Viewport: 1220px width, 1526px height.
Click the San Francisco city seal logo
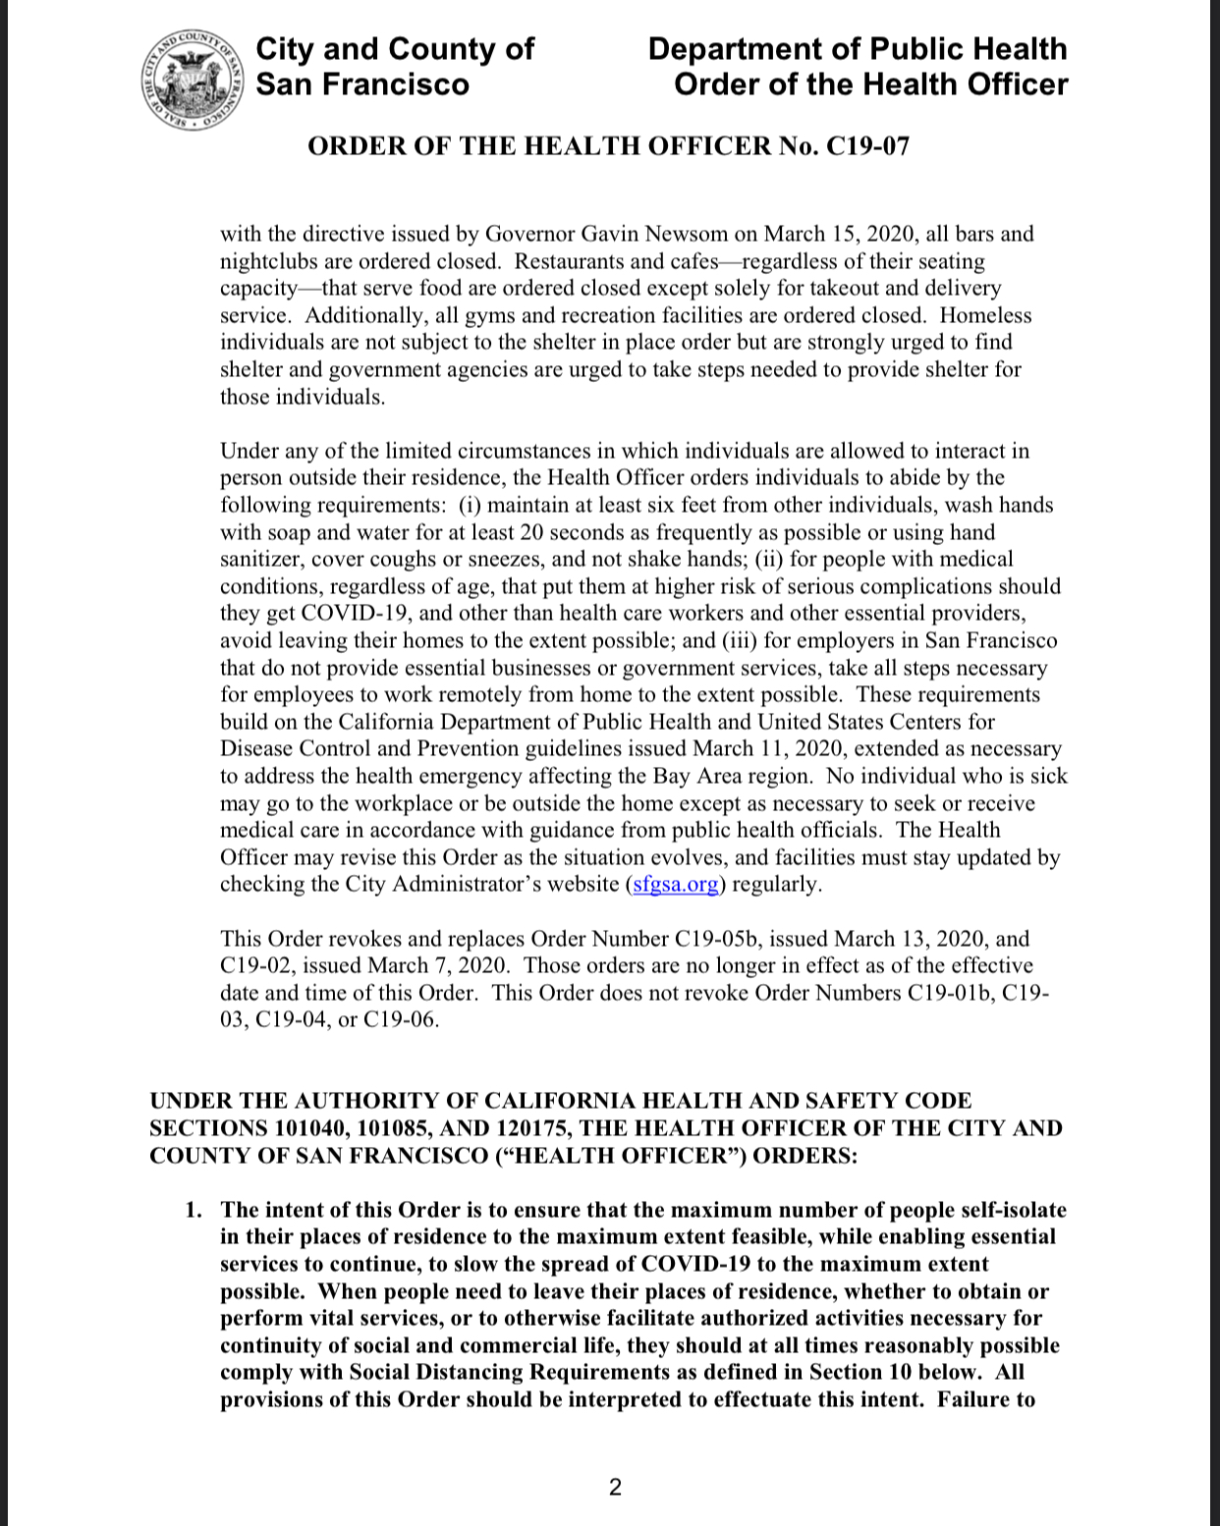(192, 82)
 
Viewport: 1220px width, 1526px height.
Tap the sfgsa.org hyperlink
(675, 884)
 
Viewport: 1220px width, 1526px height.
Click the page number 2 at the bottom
(615, 1488)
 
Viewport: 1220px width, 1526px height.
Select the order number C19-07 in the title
(868, 146)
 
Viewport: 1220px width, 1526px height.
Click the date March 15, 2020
(835, 234)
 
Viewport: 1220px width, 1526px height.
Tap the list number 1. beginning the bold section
(194, 1210)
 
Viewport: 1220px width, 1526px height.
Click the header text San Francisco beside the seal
(362, 84)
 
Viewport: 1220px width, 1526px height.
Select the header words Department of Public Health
(857, 49)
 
